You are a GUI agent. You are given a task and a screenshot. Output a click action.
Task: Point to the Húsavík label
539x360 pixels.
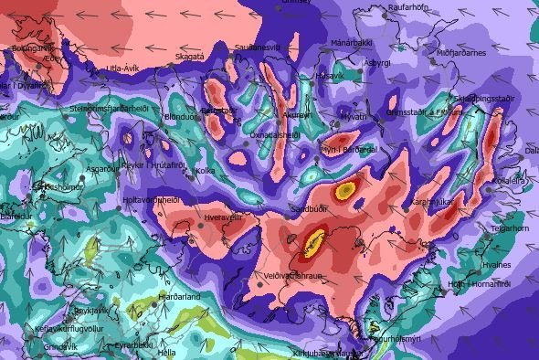tap(329, 75)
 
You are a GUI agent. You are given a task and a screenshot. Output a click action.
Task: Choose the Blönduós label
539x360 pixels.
tap(181, 117)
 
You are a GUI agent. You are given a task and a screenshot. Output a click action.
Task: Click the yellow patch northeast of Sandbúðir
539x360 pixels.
tap(344, 190)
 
